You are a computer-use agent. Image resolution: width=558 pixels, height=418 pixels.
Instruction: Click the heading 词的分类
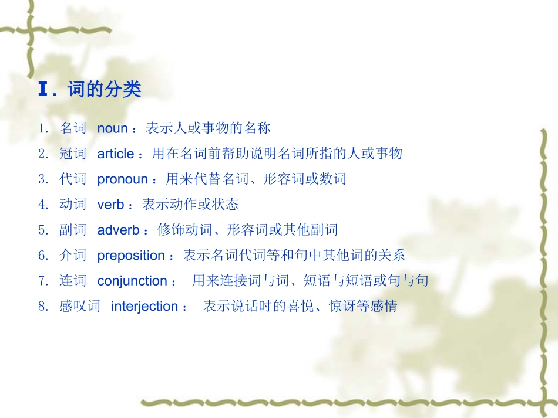coord(105,90)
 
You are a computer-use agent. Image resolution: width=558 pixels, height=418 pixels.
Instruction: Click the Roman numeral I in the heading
coord(42,90)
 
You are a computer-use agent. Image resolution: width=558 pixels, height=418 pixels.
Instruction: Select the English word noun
coord(112,128)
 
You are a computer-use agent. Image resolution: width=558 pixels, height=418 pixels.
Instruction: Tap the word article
coord(116,154)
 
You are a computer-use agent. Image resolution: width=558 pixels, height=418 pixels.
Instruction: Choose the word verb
coord(110,204)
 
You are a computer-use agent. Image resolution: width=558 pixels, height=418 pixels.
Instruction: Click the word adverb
coord(118,230)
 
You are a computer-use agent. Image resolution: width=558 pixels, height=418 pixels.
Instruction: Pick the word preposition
coord(131,255)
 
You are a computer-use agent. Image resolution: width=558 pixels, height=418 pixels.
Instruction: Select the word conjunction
coord(132,281)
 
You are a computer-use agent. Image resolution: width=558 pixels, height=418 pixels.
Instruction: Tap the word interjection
coord(144,306)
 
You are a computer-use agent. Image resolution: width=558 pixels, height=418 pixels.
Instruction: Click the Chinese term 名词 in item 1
coord(73,128)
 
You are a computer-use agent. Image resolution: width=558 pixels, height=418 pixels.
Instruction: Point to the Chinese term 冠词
coord(73,154)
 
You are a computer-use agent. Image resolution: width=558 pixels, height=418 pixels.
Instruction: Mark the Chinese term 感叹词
coord(80,306)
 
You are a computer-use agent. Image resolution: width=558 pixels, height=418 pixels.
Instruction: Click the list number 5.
coord(42,230)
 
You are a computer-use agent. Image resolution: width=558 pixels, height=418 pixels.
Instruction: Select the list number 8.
coord(42,306)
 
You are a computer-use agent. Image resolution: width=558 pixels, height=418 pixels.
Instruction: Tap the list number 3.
coord(42,179)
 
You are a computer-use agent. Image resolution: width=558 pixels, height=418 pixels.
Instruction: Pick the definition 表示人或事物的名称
coord(208,128)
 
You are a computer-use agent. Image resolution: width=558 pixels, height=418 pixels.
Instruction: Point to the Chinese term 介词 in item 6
coord(73,255)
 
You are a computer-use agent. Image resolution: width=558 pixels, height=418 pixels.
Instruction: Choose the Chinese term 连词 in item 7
coord(73,281)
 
